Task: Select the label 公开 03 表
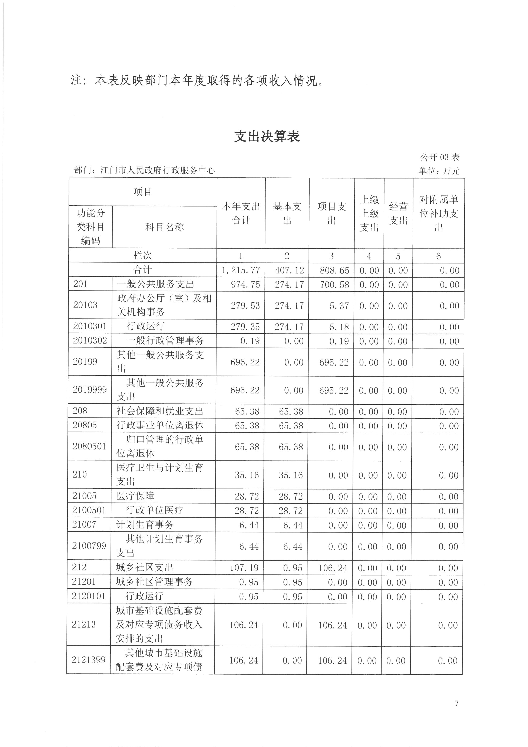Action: coord(440,157)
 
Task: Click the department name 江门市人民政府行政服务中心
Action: coord(158,170)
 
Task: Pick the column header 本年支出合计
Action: coord(241,213)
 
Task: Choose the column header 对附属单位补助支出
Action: coord(439,213)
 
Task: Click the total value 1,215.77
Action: coord(241,270)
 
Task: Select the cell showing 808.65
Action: coord(334,270)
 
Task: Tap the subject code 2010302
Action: coord(90,341)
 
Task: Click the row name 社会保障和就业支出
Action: coord(160,411)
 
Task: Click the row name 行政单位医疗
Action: coord(155,510)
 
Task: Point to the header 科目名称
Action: coord(165,227)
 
